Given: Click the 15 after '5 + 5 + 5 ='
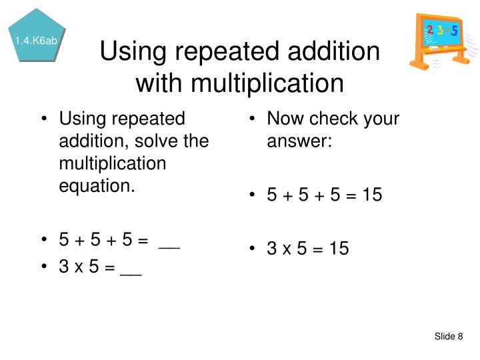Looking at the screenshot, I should click(x=372, y=196).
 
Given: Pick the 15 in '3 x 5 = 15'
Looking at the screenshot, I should click(x=339, y=249).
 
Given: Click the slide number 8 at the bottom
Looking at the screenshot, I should click(x=460, y=337).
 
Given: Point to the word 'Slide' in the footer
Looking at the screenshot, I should click(x=444, y=337).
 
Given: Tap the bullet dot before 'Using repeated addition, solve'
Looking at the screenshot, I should click(x=45, y=121).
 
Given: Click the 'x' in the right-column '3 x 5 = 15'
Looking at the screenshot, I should click(x=285, y=249).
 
